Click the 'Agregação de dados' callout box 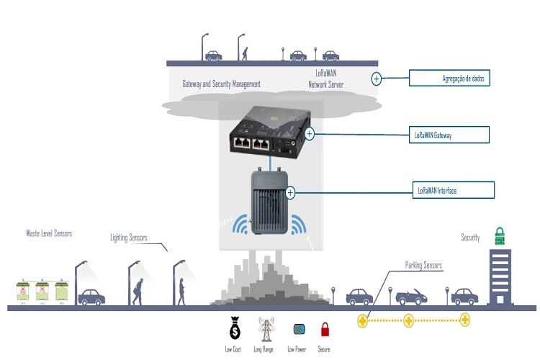(x=449, y=78)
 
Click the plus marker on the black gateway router (x=310, y=133)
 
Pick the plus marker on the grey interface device (x=291, y=192)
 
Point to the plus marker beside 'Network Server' (x=377, y=78)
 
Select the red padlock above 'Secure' (x=324, y=330)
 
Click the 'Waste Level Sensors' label (x=49, y=233)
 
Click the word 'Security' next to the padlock (x=470, y=238)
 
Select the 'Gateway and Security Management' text (x=221, y=84)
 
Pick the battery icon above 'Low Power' (x=298, y=329)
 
